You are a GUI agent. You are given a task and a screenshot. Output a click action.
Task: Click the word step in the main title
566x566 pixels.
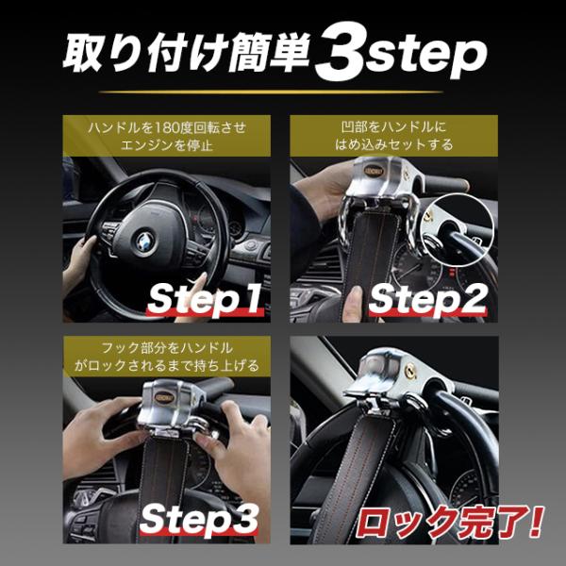tap(426, 57)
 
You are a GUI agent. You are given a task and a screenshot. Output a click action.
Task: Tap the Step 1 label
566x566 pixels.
tap(204, 299)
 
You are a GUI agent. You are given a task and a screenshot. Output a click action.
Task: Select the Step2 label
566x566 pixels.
tap(428, 299)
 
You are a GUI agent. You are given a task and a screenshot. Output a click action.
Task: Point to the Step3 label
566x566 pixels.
tap(199, 519)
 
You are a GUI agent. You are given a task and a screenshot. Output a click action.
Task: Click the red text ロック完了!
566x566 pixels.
tap(450, 522)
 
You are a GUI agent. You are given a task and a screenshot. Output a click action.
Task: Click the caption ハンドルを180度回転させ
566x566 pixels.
tap(167, 127)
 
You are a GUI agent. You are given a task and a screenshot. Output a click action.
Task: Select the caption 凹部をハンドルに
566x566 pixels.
tap(393, 127)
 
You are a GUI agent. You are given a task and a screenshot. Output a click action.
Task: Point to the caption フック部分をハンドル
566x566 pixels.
tap(167, 348)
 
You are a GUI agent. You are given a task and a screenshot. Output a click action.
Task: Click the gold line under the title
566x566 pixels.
tap(271, 92)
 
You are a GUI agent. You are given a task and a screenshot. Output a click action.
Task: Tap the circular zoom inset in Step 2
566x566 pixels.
tap(457, 230)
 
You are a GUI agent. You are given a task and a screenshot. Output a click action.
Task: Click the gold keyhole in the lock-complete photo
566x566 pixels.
tap(410, 372)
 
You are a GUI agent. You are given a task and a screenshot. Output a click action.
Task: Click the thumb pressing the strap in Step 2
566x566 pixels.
tap(352, 304)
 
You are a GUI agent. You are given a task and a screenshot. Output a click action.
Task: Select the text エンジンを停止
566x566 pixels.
tap(167, 145)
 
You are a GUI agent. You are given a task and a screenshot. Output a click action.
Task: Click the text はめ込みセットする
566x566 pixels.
tap(393, 144)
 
